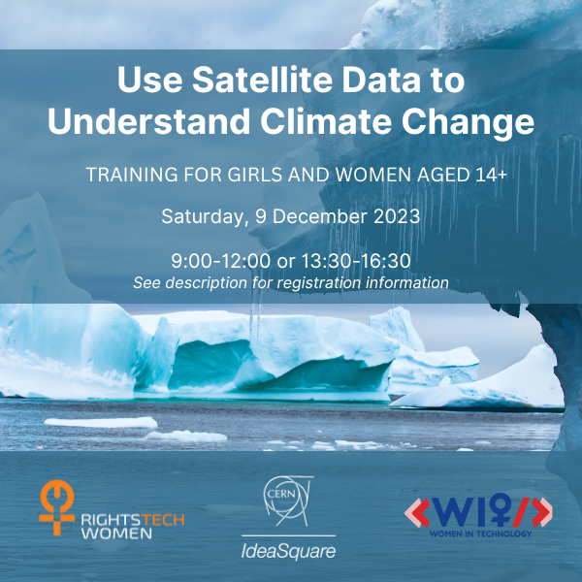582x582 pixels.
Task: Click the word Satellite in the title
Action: point(262,80)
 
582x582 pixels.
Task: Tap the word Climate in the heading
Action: point(326,121)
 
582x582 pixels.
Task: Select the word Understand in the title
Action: point(148,121)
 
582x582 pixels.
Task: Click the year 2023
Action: point(397,216)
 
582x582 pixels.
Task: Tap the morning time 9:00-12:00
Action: point(220,261)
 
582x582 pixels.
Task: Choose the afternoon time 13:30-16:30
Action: point(356,261)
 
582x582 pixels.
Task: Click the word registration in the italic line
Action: point(319,283)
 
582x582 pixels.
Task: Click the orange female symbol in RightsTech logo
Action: point(57,507)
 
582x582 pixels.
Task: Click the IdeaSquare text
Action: point(288,551)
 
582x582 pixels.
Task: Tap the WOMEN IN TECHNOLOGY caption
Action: point(480,533)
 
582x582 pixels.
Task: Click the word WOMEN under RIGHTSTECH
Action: point(116,533)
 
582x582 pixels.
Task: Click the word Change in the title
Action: point(468,122)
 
